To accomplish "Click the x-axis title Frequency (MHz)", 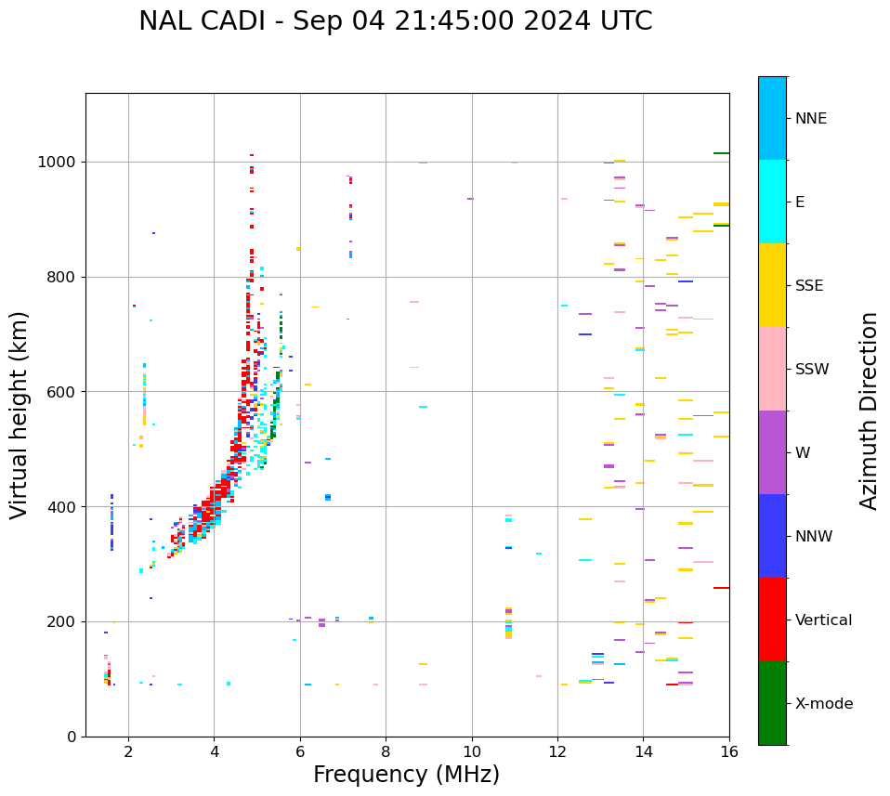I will pos(406,775).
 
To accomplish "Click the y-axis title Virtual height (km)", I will pos(20,415).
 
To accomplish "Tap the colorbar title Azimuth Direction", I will pos(869,411).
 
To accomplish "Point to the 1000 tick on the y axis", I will pos(59,163).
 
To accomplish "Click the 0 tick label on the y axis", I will pos(71,737).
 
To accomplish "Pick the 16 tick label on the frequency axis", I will pos(729,751).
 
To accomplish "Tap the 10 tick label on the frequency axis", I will pos(472,751).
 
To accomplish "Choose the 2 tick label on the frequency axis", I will pos(128,751).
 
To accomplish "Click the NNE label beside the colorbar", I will pos(811,119).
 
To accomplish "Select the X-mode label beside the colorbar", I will pos(824,704).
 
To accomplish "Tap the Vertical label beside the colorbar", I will pos(823,620).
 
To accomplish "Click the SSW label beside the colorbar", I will pos(812,370).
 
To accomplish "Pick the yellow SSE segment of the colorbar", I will pos(772,285).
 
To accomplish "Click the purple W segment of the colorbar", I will pos(772,452).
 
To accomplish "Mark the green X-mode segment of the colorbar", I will pos(772,703).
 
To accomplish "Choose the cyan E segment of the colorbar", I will pos(772,202).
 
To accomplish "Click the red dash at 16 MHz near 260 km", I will pos(721,588).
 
